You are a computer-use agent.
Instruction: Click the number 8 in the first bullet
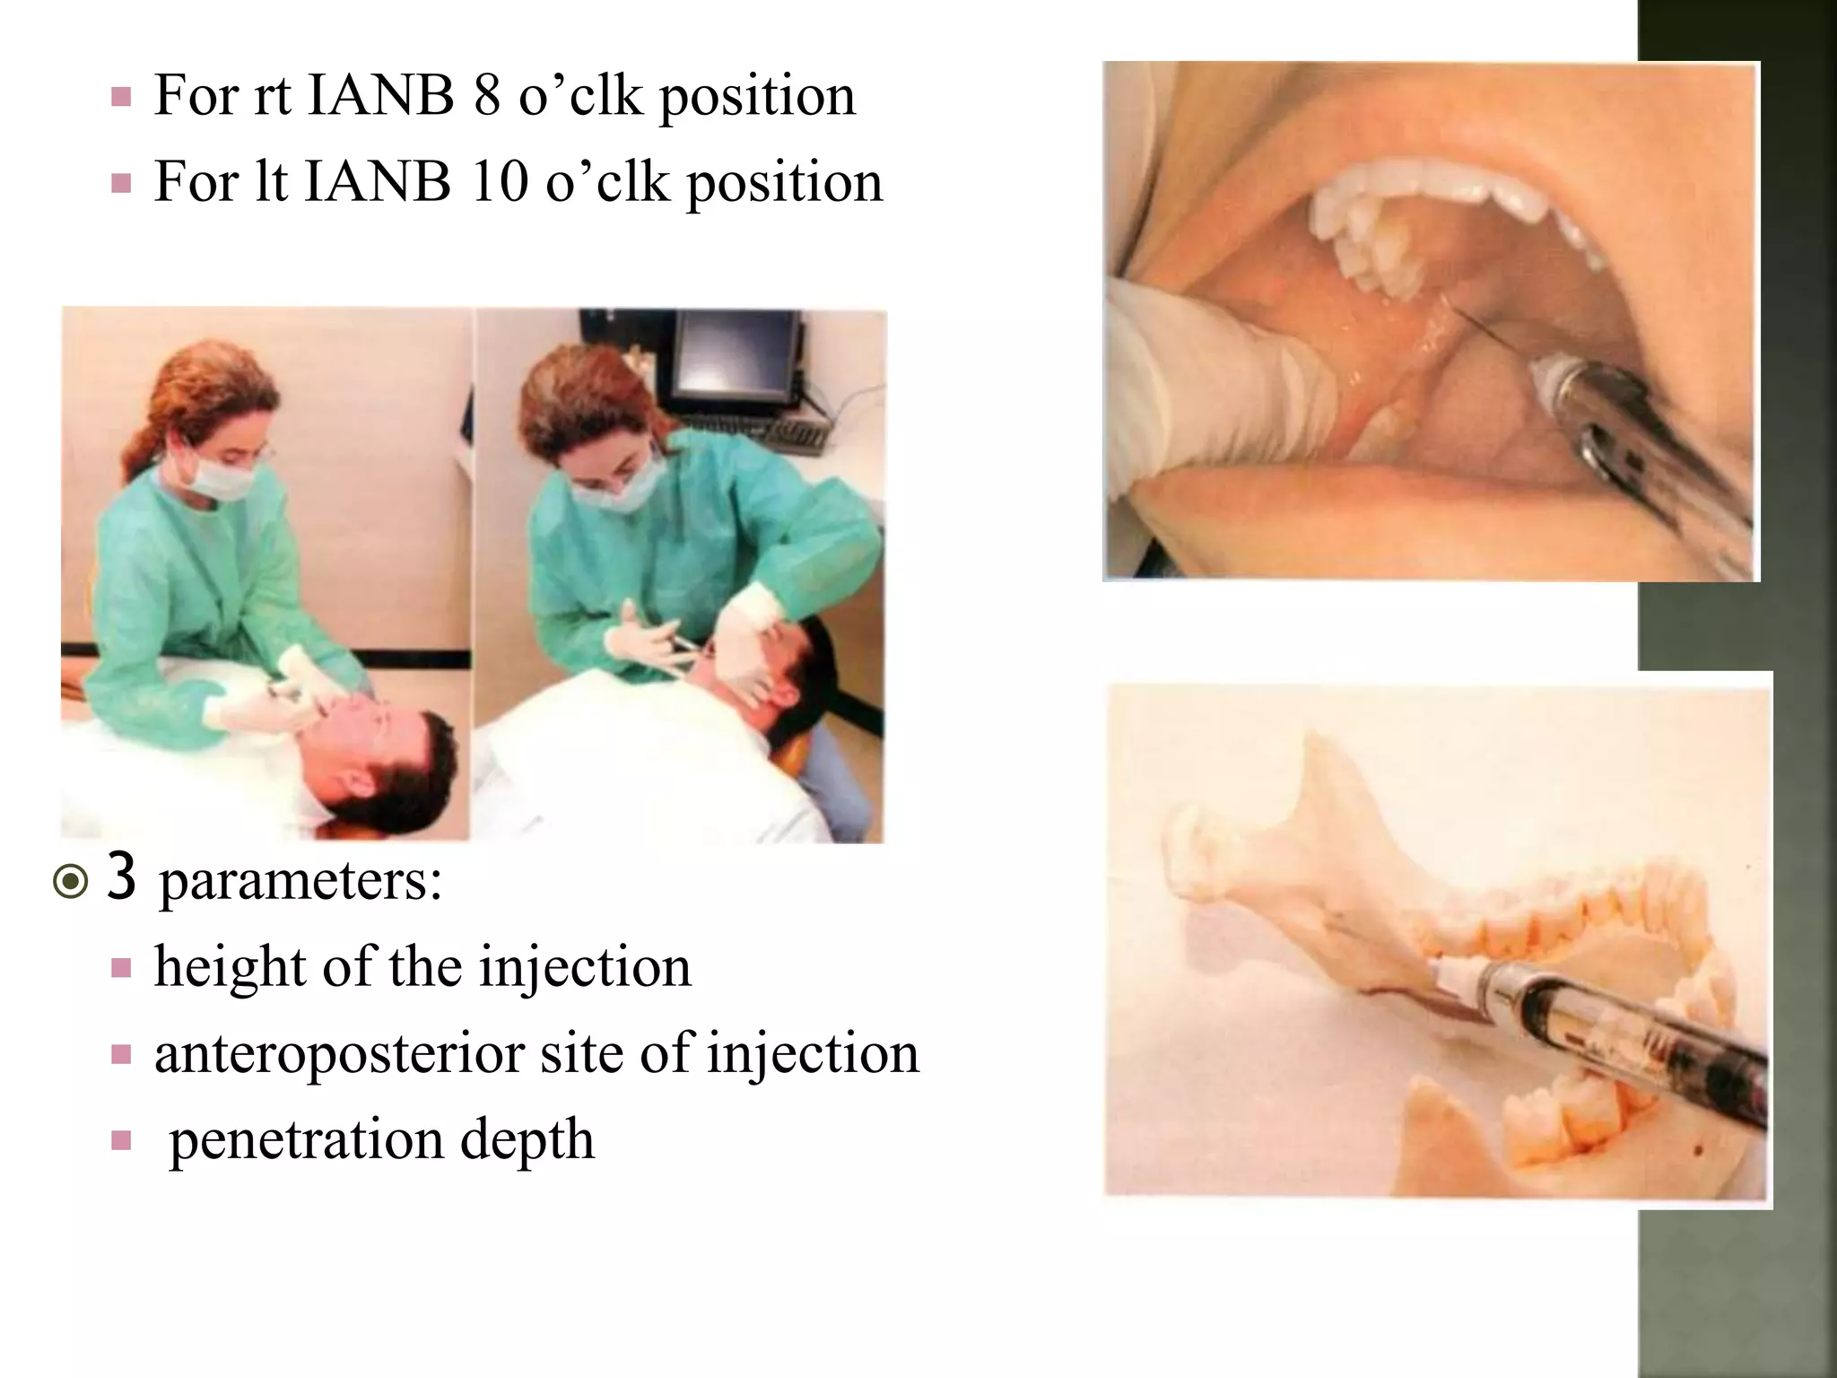pos(486,95)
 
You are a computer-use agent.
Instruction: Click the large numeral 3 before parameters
pos(122,879)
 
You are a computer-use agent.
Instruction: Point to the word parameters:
pos(300,883)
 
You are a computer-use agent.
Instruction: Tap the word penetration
pos(306,1139)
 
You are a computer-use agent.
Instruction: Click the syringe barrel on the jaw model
pos(1615,1023)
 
